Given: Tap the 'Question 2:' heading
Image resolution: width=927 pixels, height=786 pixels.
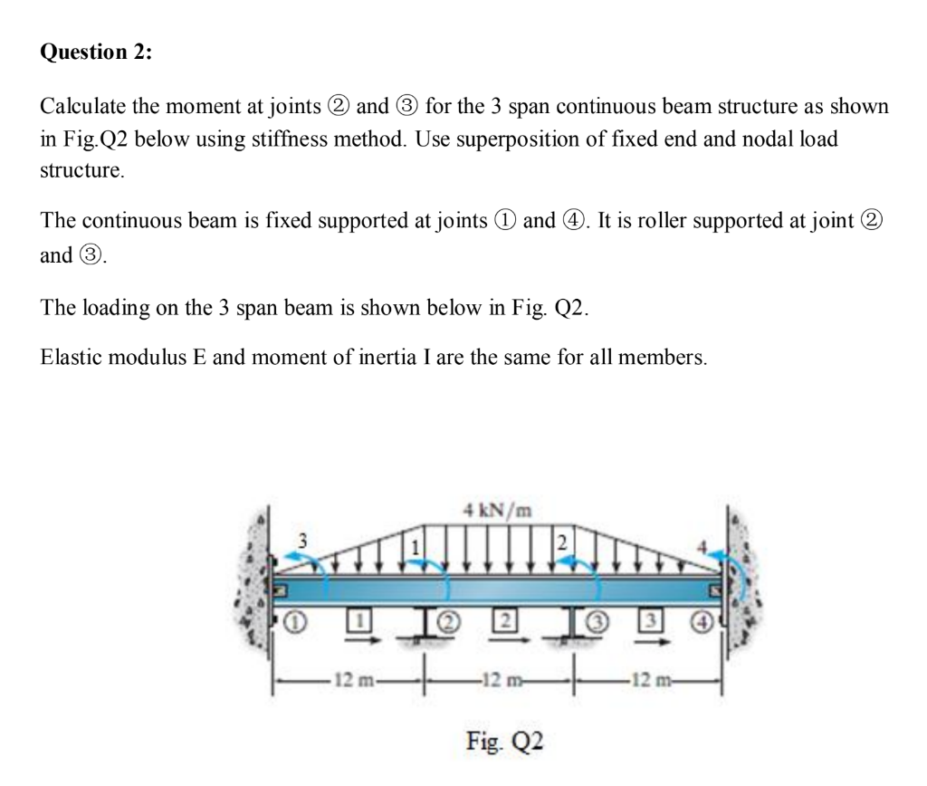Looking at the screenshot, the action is [x=97, y=53].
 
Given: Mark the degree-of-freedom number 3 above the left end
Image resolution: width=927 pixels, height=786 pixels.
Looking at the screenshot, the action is [x=304, y=540].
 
